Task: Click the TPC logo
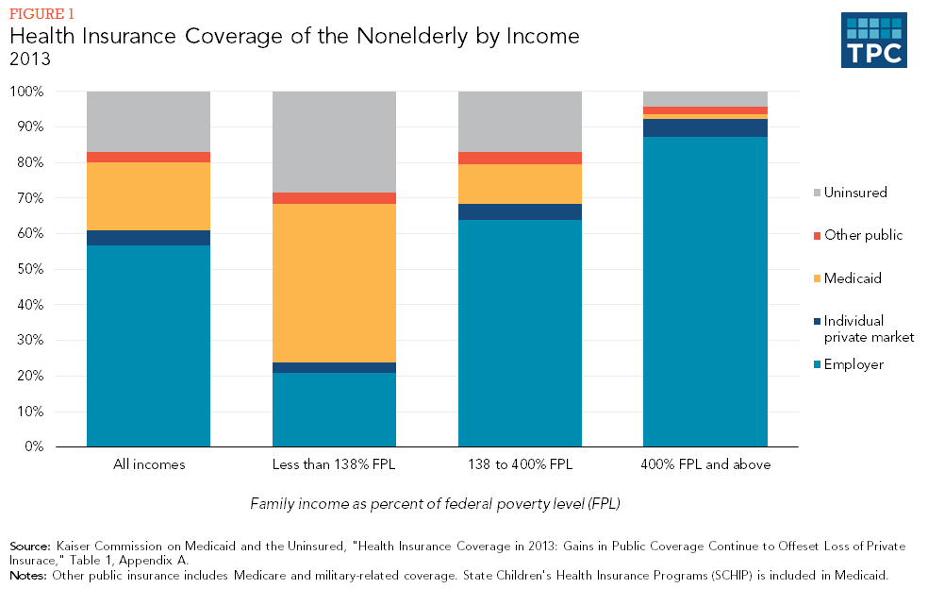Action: [873, 40]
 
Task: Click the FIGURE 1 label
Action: [41, 14]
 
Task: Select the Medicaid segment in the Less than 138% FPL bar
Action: [334, 283]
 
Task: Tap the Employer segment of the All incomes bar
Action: [148, 345]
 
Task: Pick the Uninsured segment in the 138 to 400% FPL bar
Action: [520, 122]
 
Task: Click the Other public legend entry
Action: [863, 235]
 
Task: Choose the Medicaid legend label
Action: [853, 278]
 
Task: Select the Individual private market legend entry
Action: [868, 328]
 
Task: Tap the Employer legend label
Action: [853, 364]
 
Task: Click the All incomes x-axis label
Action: [148, 464]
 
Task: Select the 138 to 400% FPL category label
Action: [520, 464]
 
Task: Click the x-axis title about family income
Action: [435, 504]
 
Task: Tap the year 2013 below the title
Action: [28, 59]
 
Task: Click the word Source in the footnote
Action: [30, 547]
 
